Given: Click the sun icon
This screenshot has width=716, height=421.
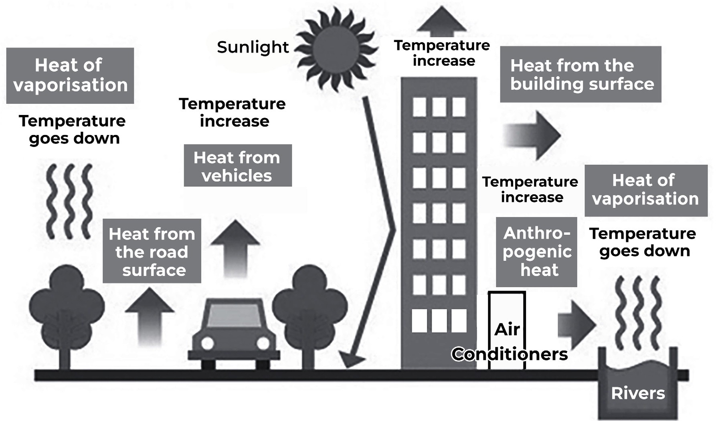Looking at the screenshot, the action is [x=336, y=48].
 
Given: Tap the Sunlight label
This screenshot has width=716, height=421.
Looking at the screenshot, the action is [x=253, y=47].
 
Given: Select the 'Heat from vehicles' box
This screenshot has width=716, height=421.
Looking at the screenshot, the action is [x=238, y=165].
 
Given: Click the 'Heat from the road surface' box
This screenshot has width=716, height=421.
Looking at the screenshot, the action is [x=152, y=251].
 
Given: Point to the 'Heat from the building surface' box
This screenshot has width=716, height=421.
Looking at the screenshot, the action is [x=580, y=74].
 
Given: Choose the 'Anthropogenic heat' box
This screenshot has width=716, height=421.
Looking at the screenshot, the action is [x=536, y=252].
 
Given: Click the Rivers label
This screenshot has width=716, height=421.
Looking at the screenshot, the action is [x=638, y=393].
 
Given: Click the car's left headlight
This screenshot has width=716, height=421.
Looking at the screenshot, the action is [x=207, y=343].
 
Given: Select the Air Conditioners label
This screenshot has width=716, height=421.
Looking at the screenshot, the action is [x=509, y=342].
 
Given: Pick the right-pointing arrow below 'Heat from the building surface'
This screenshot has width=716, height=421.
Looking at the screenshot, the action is [x=532, y=135].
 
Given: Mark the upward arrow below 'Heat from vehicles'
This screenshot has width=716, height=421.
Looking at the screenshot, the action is [x=235, y=248].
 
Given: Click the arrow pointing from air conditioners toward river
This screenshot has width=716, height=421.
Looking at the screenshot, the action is [x=576, y=324].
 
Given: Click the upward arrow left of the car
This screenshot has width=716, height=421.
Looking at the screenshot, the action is [x=150, y=316].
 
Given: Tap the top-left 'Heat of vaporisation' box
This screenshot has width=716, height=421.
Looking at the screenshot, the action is [x=70, y=75].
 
